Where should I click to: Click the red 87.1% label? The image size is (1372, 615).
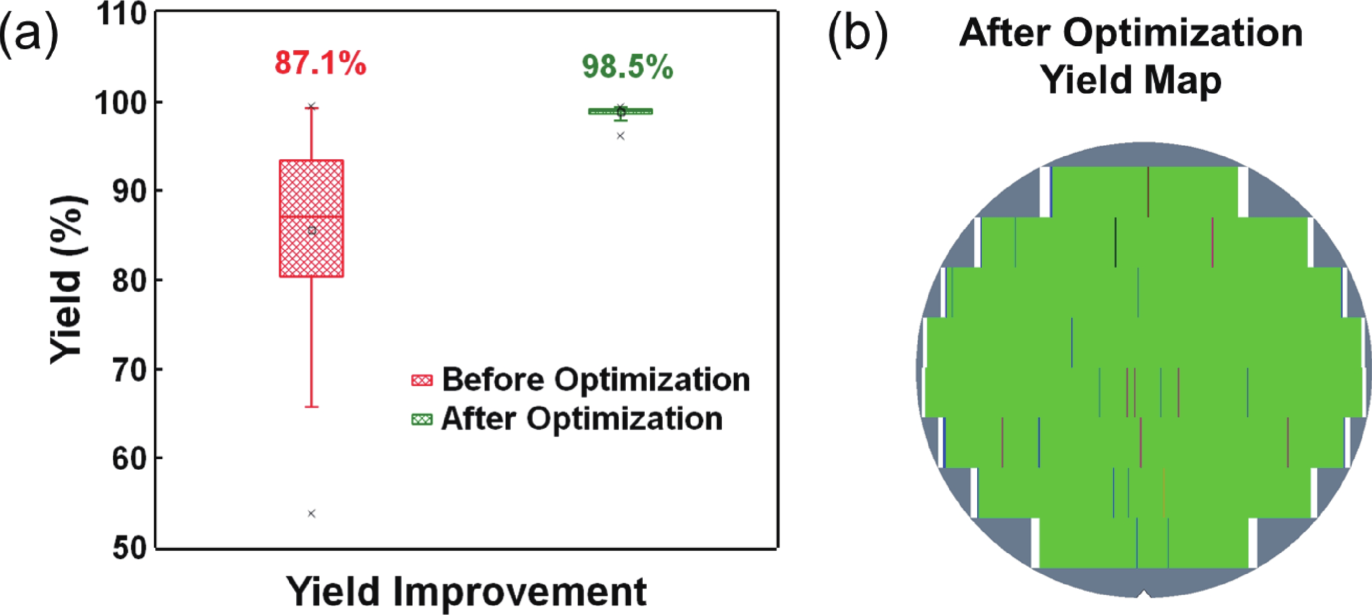[320, 63]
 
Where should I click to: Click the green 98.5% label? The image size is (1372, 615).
[627, 67]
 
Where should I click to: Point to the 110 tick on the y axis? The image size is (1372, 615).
[122, 14]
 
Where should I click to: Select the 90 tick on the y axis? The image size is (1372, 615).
[129, 191]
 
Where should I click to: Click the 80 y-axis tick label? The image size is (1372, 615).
[129, 281]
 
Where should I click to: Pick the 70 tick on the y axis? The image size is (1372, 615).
[129, 370]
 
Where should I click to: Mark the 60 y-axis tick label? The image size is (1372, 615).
[129, 458]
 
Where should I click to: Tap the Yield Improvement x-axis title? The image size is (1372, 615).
[466, 592]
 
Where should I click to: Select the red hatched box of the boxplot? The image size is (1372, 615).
[312, 218]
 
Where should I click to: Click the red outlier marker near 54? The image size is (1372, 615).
[312, 513]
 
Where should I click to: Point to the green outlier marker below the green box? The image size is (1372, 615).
[620, 136]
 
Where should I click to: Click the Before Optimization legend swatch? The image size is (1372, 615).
[422, 380]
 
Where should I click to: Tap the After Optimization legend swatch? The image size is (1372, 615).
[422, 419]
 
